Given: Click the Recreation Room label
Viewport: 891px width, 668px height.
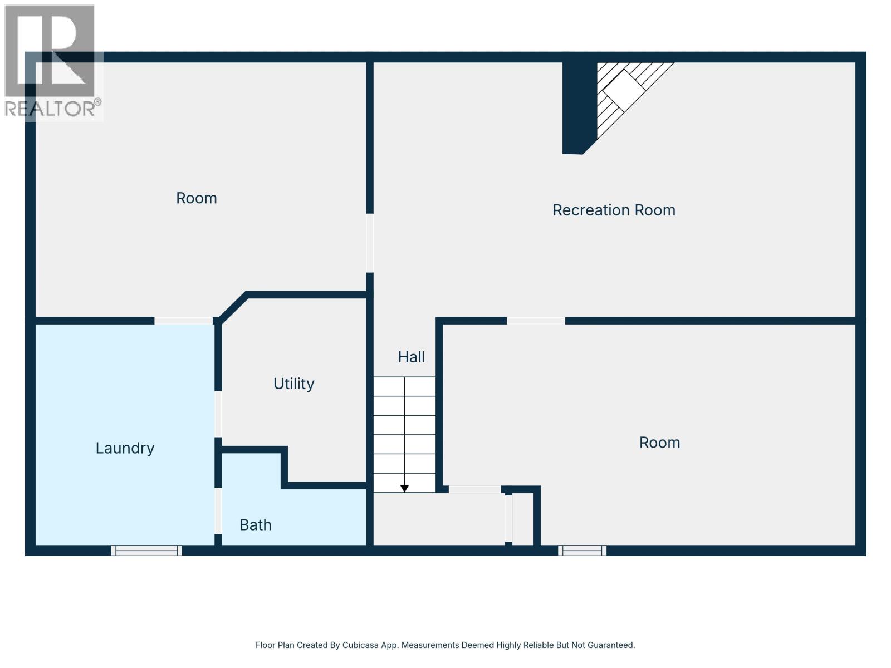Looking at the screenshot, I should (x=614, y=210).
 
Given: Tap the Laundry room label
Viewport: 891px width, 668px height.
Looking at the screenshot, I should (x=125, y=448).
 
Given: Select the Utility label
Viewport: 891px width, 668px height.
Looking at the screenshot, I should (x=293, y=384).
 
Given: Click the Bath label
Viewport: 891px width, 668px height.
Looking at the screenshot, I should (x=256, y=525).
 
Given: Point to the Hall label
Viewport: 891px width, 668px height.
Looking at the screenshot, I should (x=411, y=357).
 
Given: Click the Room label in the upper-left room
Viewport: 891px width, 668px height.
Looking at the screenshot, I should (x=196, y=198).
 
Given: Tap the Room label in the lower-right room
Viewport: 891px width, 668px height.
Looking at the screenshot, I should (x=659, y=443).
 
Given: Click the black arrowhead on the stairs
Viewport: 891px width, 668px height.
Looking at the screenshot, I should (x=405, y=488).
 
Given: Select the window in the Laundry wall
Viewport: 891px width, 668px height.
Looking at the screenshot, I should (x=146, y=551).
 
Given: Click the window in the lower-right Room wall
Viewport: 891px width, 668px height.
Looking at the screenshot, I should (x=582, y=551).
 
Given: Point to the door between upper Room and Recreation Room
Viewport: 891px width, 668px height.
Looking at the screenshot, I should (x=370, y=243).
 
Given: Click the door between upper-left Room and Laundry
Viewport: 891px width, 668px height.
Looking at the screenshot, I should (x=183, y=321).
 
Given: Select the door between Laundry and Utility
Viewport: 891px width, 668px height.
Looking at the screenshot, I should (x=218, y=414).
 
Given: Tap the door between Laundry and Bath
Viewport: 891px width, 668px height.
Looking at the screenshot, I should (x=218, y=510).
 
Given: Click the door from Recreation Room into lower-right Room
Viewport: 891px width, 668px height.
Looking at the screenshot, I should (x=536, y=321).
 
